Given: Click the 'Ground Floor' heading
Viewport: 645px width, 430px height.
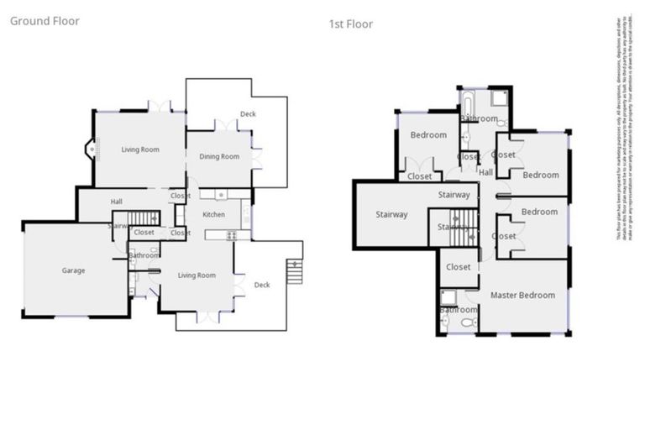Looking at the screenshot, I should [x=45, y=21].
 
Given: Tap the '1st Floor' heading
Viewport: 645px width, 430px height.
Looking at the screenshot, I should [x=350, y=24].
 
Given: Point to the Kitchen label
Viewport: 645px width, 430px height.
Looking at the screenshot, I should [x=213, y=215].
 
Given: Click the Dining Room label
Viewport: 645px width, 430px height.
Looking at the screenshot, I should [x=218, y=157].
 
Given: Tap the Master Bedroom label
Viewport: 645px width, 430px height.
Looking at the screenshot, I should [x=522, y=295].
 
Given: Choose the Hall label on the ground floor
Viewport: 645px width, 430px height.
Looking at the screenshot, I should [x=117, y=202].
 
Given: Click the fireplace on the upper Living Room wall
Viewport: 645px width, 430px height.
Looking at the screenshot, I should [x=91, y=149].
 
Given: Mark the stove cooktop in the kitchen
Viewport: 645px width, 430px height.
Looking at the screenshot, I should [x=233, y=235].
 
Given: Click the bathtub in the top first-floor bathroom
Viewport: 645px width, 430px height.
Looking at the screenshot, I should [x=466, y=105].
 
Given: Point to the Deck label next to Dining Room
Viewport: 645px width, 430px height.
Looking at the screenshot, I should [x=248, y=113].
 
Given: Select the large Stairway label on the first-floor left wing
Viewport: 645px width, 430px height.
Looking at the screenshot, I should [x=391, y=215].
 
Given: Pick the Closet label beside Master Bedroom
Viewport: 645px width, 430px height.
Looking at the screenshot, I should [x=459, y=267].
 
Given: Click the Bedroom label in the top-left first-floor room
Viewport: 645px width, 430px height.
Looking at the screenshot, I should [x=427, y=135].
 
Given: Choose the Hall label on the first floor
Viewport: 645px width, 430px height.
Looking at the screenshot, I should [x=485, y=172].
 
